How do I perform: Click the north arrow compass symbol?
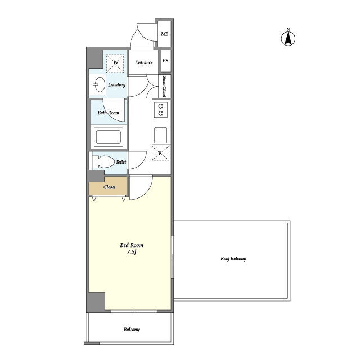(x=288, y=38)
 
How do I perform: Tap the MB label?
(x=165, y=34)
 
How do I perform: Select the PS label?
(x=165, y=61)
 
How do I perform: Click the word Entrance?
(x=144, y=62)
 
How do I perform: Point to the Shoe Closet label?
(x=164, y=86)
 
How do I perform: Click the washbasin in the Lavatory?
(x=100, y=84)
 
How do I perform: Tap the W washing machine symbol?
(x=115, y=63)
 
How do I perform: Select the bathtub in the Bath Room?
(x=109, y=137)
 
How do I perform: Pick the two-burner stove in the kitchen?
(x=161, y=110)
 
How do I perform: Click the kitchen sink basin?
(x=160, y=135)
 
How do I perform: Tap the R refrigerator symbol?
(x=160, y=153)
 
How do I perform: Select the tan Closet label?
(x=109, y=187)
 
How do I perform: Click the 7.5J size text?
(x=132, y=252)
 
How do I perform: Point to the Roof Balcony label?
(x=233, y=259)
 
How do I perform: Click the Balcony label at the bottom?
(x=132, y=330)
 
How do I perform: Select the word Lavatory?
(x=117, y=85)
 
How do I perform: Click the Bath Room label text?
(x=109, y=112)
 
